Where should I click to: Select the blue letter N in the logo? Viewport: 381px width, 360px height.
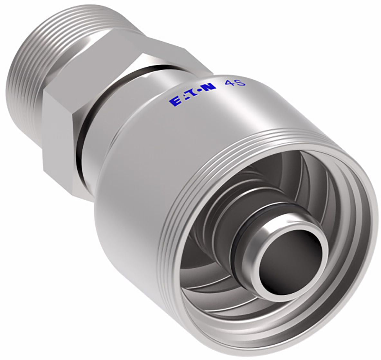pos(209,87)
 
